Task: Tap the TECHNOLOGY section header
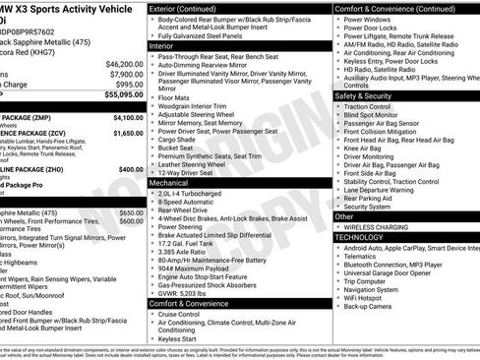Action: click(x=358, y=237)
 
